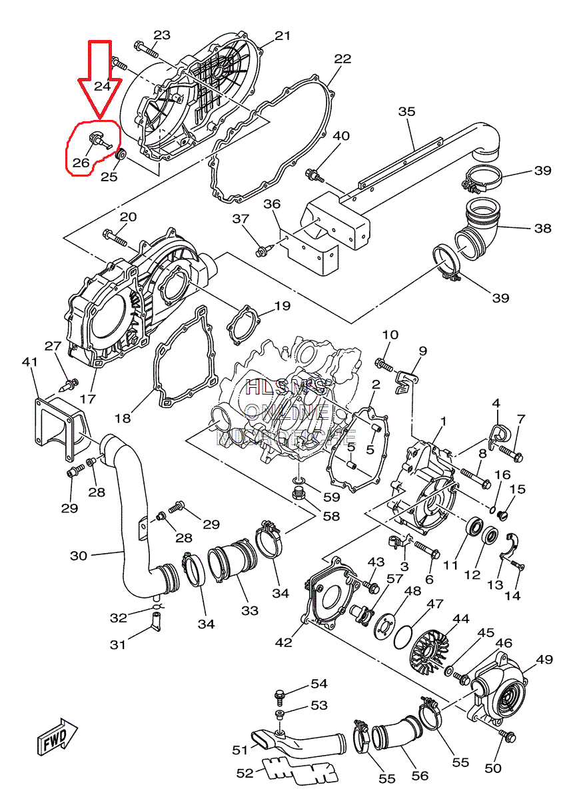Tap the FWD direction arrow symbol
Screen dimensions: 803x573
click(56, 737)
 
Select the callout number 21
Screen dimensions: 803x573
click(283, 35)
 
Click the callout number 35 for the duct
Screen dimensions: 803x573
click(406, 111)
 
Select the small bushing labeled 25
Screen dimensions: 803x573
click(121, 156)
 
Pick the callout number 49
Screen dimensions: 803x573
click(544, 660)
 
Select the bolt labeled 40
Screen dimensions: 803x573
click(313, 175)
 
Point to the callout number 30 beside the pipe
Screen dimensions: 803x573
click(79, 555)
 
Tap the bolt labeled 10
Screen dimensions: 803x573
click(384, 364)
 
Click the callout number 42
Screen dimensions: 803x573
click(284, 642)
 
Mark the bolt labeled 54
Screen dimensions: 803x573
click(281, 697)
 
